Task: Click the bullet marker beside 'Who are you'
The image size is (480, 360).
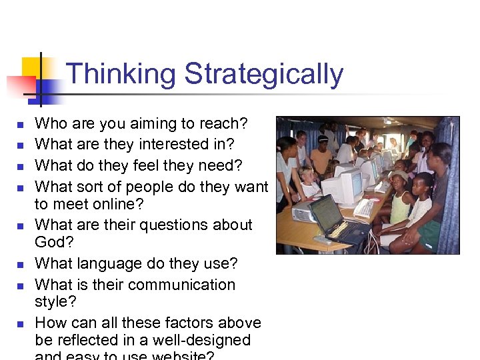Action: pos(20,125)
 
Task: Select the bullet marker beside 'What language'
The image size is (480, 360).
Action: pos(20,265)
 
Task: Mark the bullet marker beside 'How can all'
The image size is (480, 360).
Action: pos(20,324)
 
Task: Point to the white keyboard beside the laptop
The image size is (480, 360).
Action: pos(364,209)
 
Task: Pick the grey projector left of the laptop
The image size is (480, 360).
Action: pos(303,213)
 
